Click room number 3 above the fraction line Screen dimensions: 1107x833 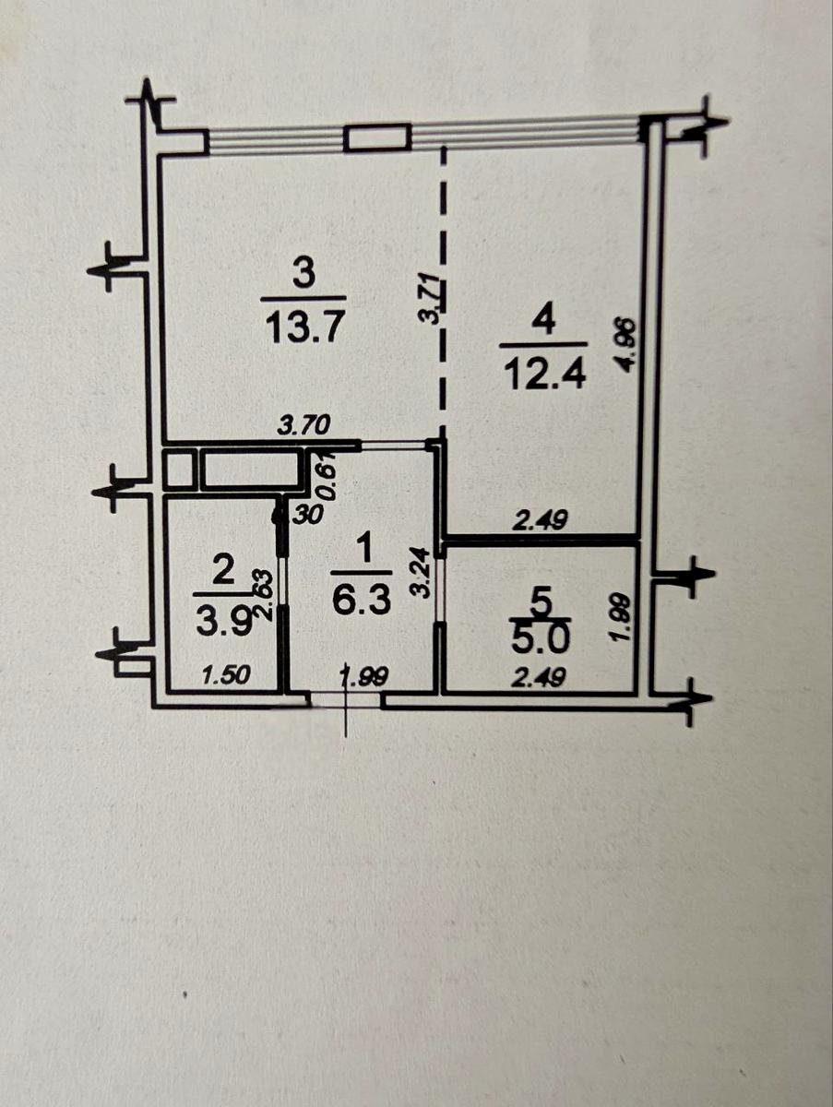(x=304, y=273)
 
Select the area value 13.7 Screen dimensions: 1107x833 (x=303, y=326)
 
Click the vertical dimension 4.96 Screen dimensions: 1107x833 (x=629, y=343)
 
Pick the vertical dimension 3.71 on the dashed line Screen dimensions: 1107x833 (x=430, y=300)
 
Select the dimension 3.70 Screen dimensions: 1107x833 (x=305, y=427)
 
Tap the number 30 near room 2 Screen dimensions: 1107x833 (x=308, y=517)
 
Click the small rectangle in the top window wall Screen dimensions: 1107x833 (x=377, y=138)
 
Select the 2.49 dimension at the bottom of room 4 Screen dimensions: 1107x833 (x=540, y=520)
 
